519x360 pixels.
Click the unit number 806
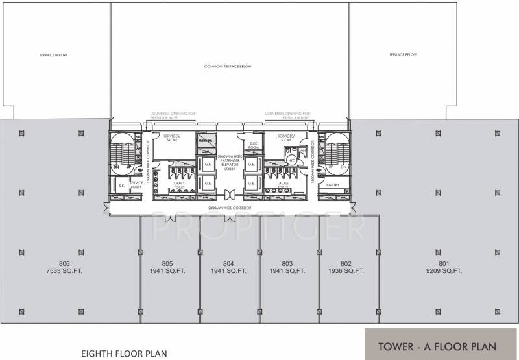click(64, 263)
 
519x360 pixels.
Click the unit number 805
click(167, 263)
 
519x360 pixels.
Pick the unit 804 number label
click(228, 263)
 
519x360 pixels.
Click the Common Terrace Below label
click(227, 66)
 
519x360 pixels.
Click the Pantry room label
click(333, 185)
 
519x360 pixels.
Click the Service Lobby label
click(136, 185)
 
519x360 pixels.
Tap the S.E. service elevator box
click(120, 186)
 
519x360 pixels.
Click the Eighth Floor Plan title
click(123, 354)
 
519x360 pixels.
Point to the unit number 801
click(444, 263)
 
